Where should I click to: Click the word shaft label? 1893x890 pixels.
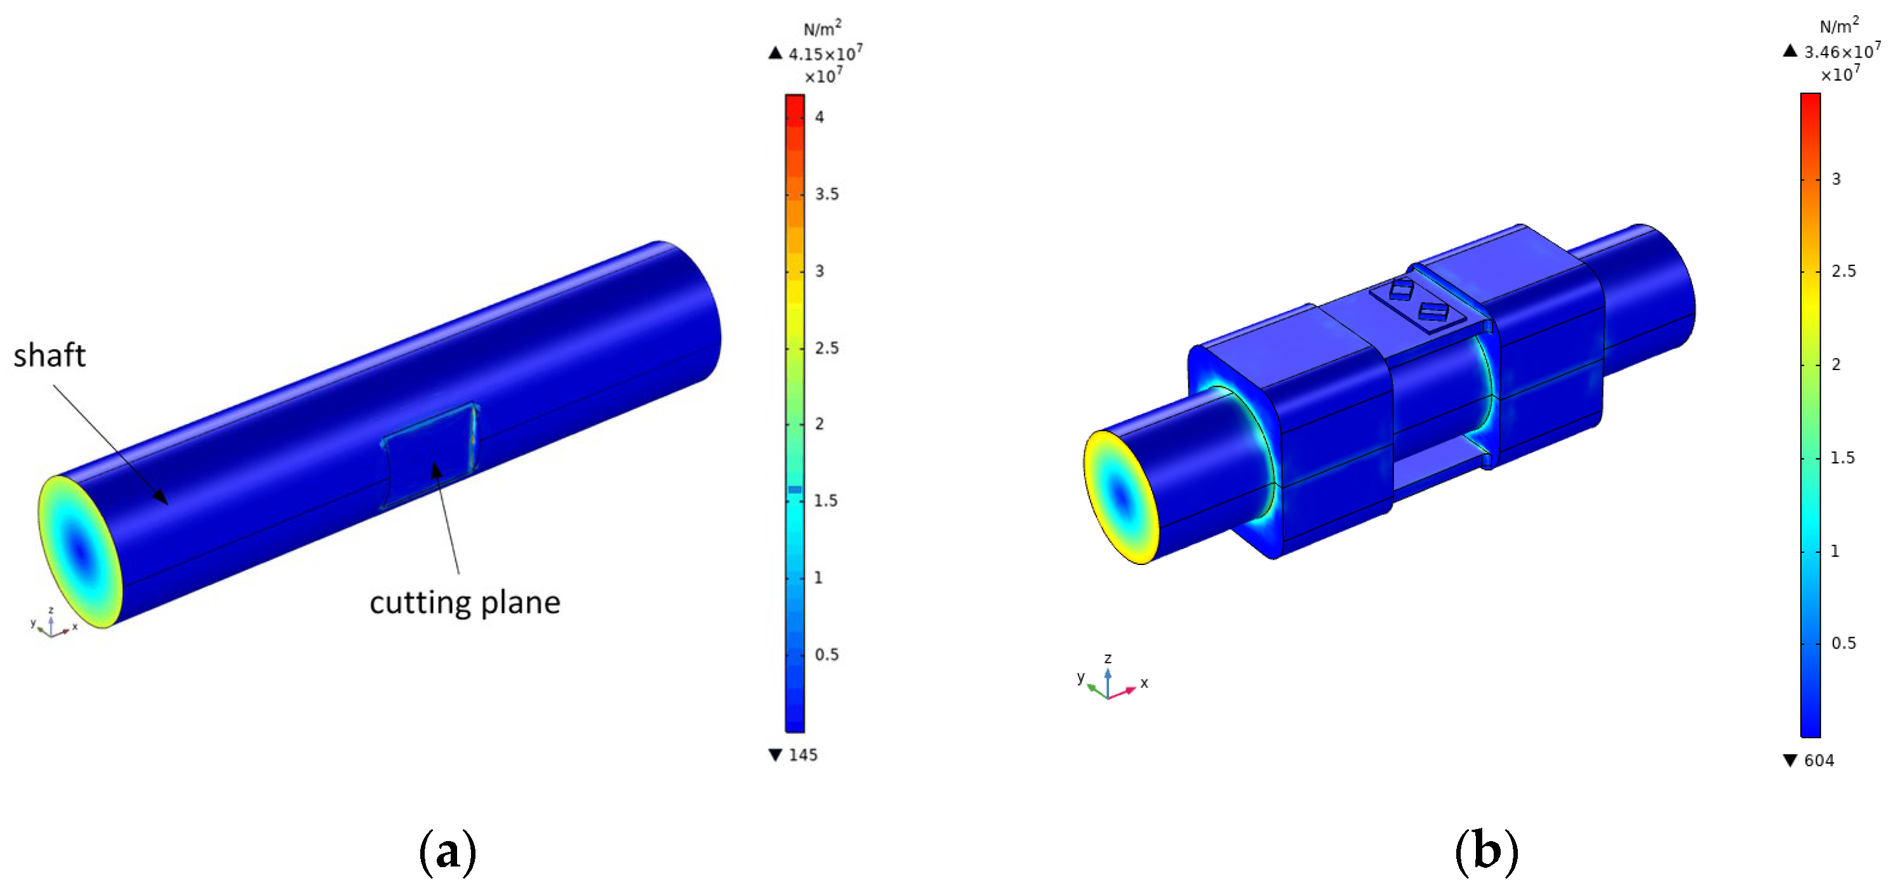[x=50, y=355]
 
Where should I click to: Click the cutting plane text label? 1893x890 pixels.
[x=465, y=602]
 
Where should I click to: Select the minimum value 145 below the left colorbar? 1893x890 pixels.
[x=802, y=755]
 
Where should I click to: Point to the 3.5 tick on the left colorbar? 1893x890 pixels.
[x=827, y=194]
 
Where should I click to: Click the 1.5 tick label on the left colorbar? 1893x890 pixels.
[x=826, y=500]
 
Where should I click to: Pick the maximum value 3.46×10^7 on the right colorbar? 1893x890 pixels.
[x=1842, y=51]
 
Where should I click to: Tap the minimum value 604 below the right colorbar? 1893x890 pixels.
[x=1819, y=760]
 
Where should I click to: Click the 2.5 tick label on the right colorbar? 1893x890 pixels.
[x=1843, y=271]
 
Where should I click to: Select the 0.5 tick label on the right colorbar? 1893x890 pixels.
[x=1843, y=643]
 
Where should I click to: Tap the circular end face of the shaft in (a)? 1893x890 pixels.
[x=79, y=551]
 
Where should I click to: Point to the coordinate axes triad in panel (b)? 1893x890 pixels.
[x=1110, y=680]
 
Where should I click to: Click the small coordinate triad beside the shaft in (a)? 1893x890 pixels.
[x=51, y=625]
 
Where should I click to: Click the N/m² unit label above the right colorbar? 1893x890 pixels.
[x=1839, y=26]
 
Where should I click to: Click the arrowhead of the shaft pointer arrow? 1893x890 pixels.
[x=163, y=499]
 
